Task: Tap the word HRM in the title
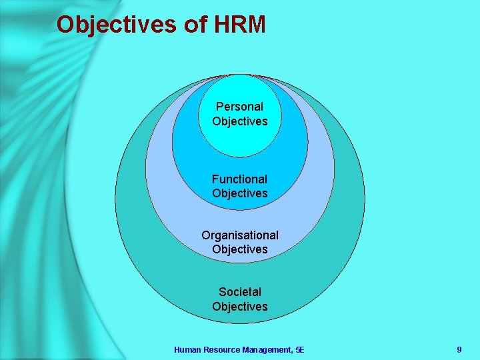(240, 25)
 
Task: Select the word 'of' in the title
(195, 25)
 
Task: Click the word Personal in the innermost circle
(239, 107)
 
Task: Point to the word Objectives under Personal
(240, 121)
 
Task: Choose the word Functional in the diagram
(239, 179)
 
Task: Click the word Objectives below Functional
(240, 193)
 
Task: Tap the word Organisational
(240, 235)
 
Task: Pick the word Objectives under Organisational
(240, 249)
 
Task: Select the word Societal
(240, 292)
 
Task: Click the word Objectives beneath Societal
(240, 307)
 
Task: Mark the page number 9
(459, 349)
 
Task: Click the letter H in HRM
(221, 25)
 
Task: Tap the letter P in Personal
(219, 107)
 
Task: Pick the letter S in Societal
(222, 292)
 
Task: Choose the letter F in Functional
(215, 179)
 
